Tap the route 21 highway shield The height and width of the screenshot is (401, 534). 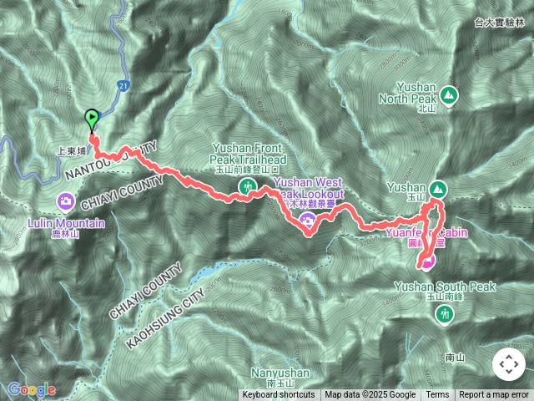(x=123, y=86)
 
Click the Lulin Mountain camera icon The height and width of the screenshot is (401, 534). (x=66, y=201)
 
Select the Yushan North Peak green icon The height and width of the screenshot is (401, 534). (x=449, y=95)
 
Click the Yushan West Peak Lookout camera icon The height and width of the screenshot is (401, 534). (x=308, y=221)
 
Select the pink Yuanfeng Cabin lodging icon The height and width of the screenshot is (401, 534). (x=427, y=263)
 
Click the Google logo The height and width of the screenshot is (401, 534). (x=31, y=389)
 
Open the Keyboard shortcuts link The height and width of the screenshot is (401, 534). (x=279, y=395)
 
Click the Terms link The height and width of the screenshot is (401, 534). (x=437, y=395)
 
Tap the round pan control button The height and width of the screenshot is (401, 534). (x=508, y=364)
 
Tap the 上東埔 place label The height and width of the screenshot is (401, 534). (x=72, y=152)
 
